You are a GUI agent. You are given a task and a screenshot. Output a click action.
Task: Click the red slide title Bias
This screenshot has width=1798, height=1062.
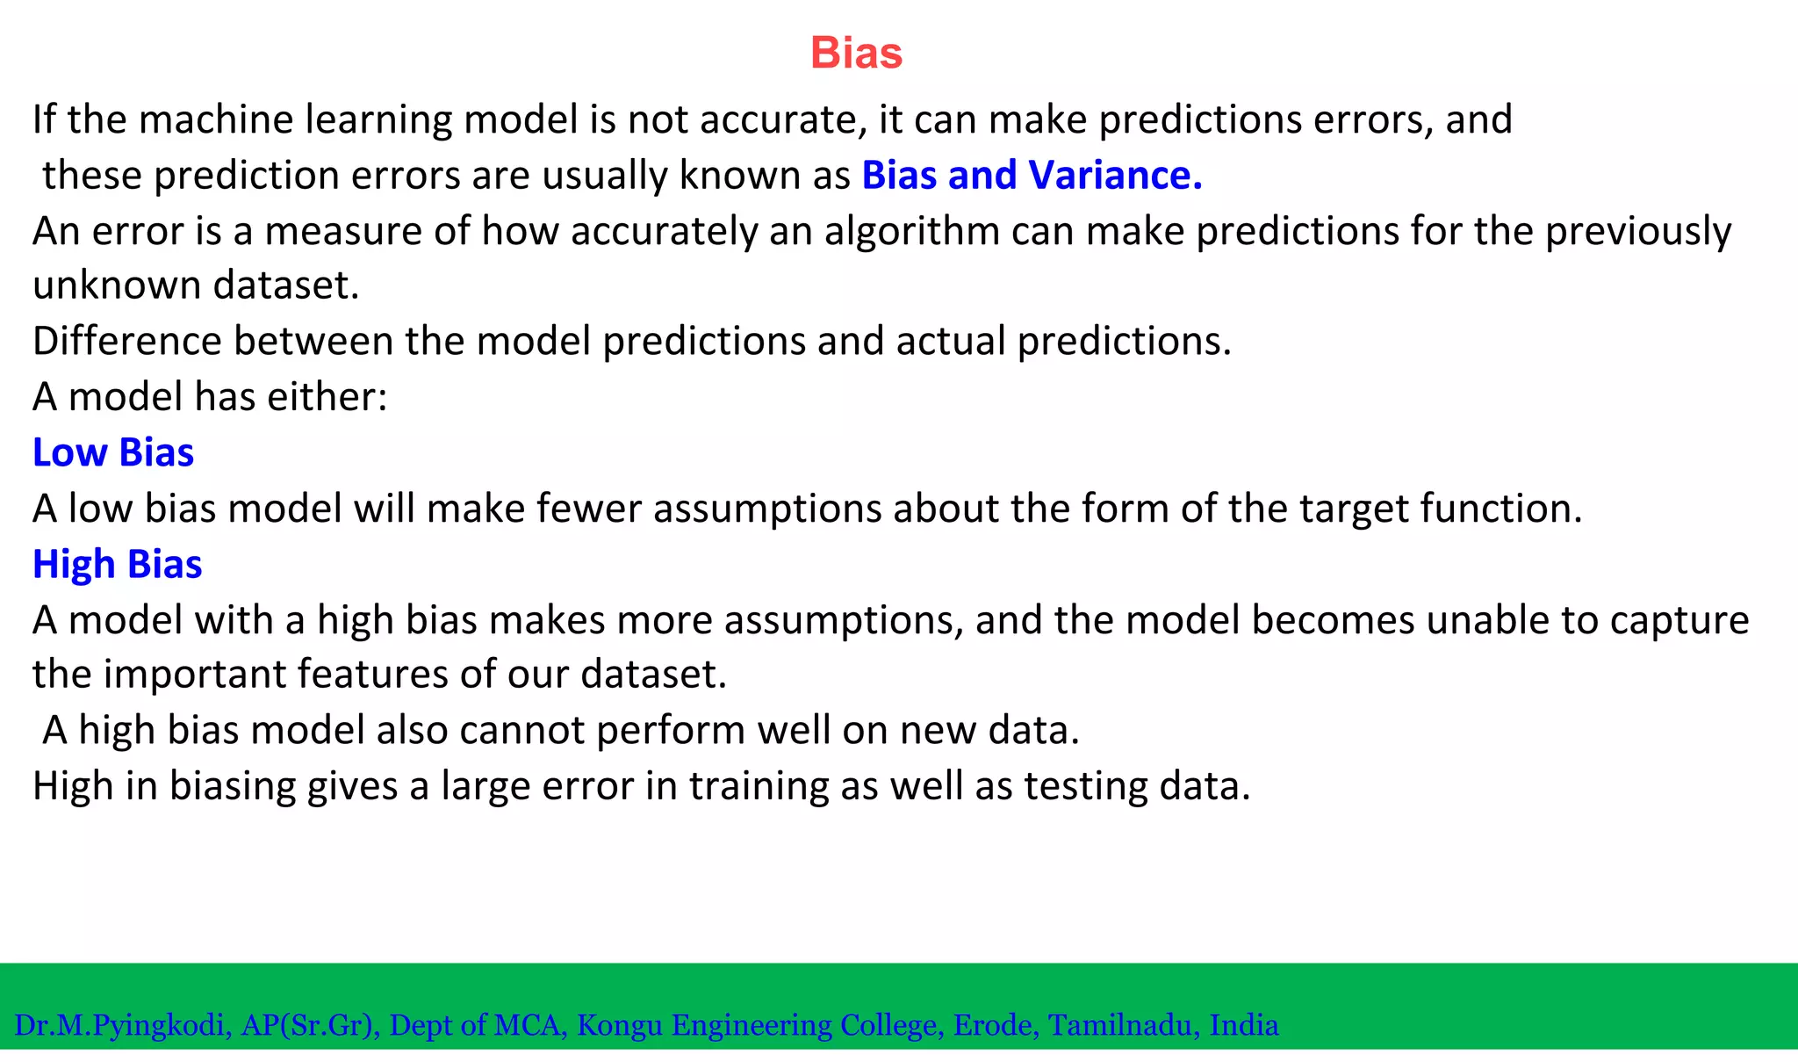coord(856,53)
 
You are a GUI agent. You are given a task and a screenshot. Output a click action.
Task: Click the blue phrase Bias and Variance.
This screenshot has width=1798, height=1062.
coord(1032,175)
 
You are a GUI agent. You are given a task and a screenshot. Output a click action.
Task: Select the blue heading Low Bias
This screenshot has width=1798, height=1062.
coord(113,452)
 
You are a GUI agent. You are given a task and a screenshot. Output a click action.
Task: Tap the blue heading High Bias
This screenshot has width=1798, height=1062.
coord(118,564)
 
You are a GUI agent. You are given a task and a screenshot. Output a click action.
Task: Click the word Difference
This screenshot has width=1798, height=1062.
coord(126,341)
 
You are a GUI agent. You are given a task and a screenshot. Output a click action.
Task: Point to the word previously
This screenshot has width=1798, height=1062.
coord(1638,232)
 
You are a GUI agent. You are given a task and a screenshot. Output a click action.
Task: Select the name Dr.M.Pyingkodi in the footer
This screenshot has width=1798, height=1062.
coord(122,1025)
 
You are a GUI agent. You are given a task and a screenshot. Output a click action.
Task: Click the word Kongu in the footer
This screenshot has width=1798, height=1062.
coord(619,1025)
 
